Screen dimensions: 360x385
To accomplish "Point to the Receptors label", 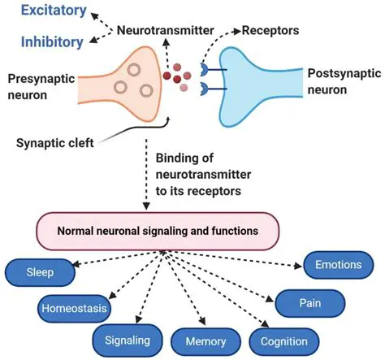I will (268, 31).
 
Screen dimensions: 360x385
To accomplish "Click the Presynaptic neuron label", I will (40, 86).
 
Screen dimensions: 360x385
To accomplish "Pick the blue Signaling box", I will (131, 338).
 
